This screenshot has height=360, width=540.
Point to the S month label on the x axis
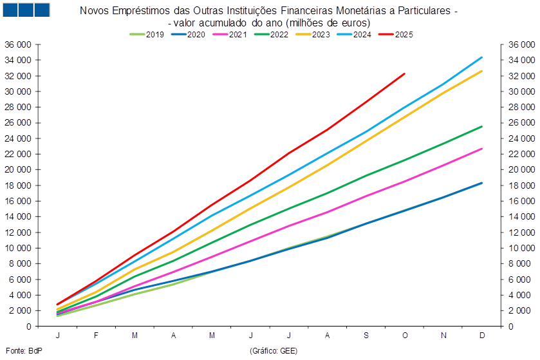(366, 336)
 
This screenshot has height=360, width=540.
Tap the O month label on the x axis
(405, 336)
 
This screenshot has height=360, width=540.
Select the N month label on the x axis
(443, 336)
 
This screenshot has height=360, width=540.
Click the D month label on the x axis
(482, 336)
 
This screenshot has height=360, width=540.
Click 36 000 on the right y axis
(519, 45)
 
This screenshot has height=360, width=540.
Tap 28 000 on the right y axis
(519, 107)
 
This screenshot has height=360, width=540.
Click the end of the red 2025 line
(405, 73)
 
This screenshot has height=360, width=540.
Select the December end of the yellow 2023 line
(482, 71)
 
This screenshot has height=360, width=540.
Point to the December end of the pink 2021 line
(482, 149)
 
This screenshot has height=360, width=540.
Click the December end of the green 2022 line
(482, 127)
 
